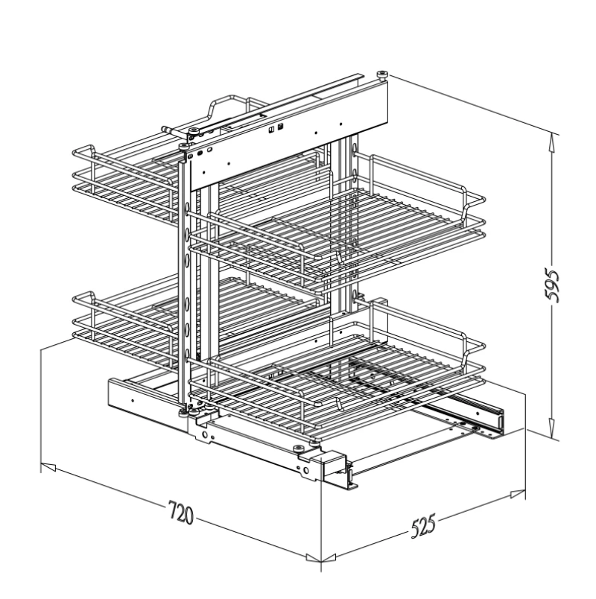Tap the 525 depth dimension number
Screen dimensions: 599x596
pyautogui.click(x=422, y=524)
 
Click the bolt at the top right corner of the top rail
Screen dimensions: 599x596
pyautogui.click(x=382, y=74)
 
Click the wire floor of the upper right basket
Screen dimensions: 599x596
pyautogui.click(x=335, y=238)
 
